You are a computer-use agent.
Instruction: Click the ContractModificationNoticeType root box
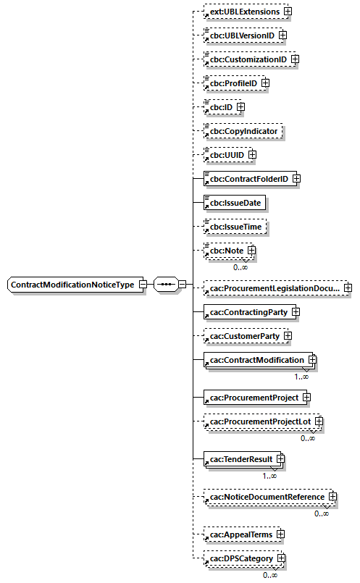[72, 285]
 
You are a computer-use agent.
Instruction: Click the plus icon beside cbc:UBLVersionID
[282, 35]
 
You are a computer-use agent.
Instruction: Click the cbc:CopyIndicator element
[243, 131]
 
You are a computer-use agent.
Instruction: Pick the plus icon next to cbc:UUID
[252, 155]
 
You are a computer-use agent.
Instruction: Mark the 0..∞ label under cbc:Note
[240, 267]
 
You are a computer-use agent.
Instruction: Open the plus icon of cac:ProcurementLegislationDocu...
[348, 288]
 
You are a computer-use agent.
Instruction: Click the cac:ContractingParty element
[245, 312]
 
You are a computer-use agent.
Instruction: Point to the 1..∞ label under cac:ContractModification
[301, 376]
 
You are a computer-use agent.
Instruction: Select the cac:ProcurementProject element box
[251, 398]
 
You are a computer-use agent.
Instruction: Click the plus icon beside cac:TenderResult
[280, 459]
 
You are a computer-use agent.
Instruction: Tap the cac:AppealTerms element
[238, 534]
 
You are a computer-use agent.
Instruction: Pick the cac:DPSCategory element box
[238, 558]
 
